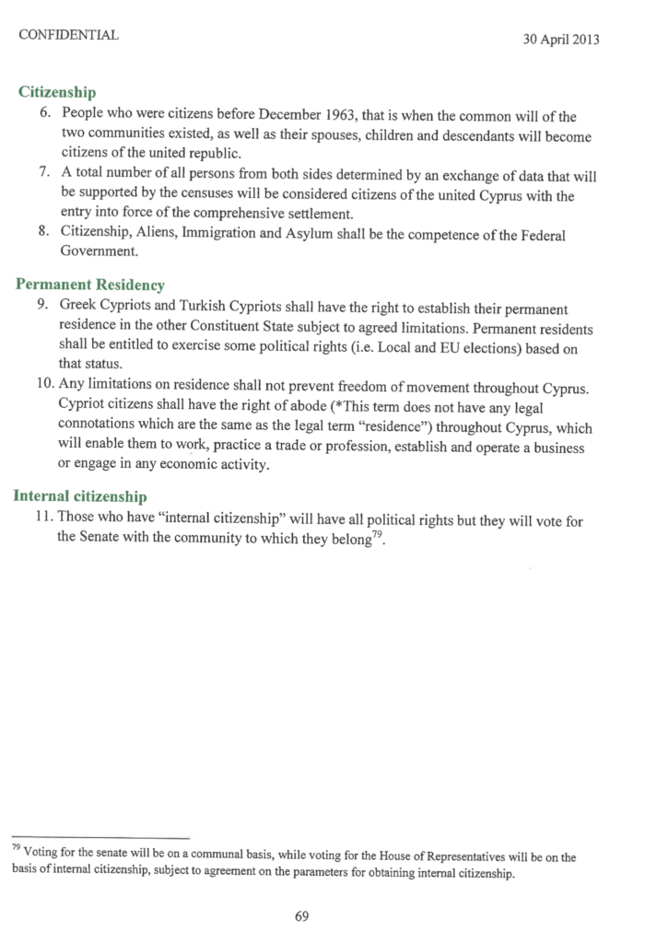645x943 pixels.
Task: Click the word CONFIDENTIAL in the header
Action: tap(68, 35)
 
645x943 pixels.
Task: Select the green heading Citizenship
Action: tap(58, 93)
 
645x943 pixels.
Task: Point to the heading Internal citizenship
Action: tap(81, 495)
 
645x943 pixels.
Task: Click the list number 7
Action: tap(43, 176)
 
